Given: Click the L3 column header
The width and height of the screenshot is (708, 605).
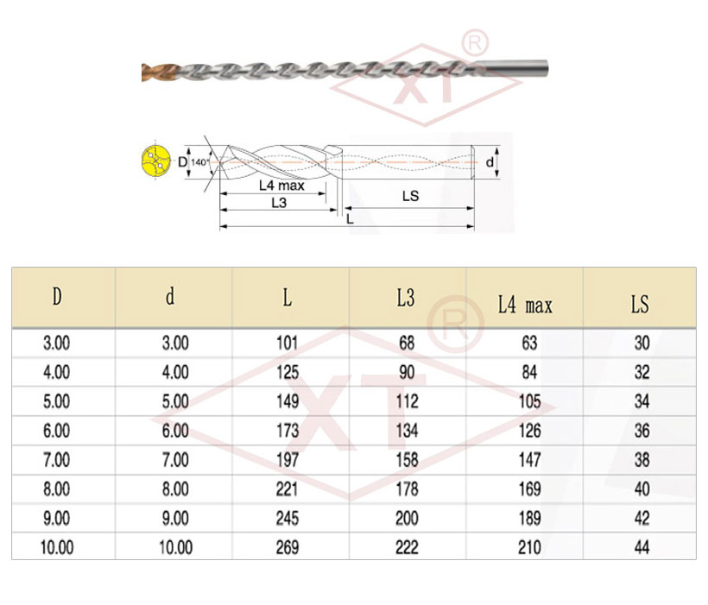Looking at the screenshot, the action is tap(406, 298).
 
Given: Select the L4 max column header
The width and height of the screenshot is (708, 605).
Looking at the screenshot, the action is tap(525, 305).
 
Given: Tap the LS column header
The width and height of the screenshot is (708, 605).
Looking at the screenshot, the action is tap(640, 305).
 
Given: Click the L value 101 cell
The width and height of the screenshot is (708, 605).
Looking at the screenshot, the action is tap(288, 343).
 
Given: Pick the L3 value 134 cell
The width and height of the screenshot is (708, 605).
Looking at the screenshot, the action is tap(407, 431).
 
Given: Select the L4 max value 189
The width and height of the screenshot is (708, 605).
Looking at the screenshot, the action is tap(529, 519).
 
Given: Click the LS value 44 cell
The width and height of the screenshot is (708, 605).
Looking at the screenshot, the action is tap(642, 548).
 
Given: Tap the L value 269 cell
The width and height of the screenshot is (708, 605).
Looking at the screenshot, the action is tap(288, 548).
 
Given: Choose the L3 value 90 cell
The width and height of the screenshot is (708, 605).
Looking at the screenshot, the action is tap(407, 373).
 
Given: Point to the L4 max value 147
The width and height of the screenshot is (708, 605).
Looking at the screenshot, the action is tap(529, 460).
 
